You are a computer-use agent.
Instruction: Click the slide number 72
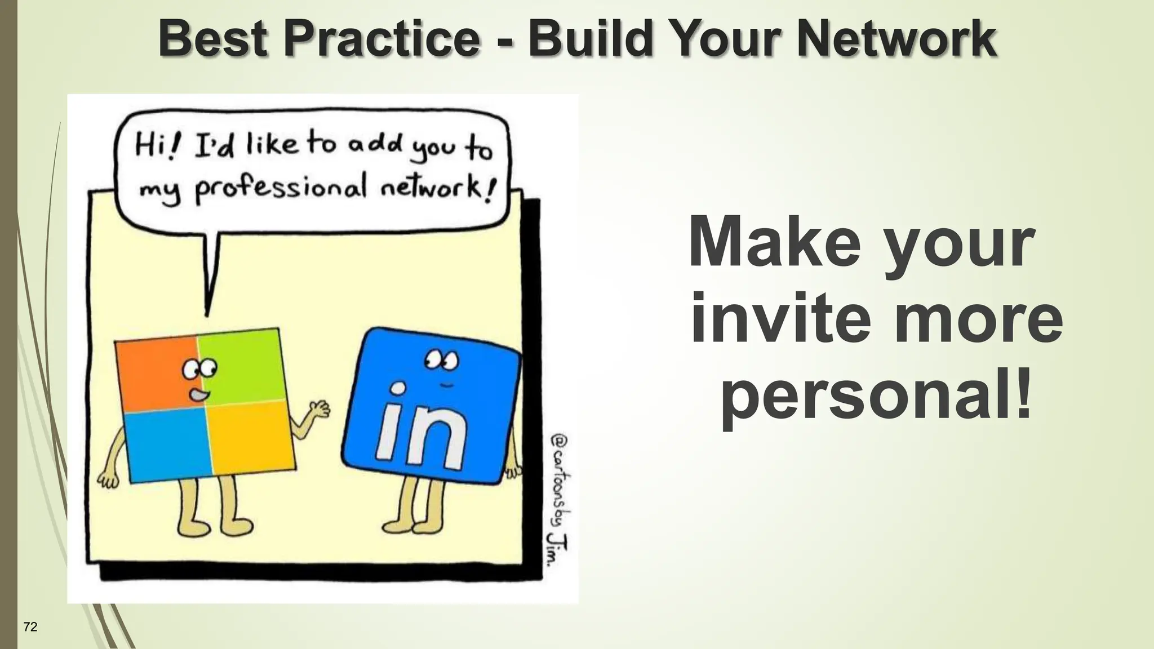(x=30, y=626)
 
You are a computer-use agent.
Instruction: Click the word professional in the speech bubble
(x=281, y=189)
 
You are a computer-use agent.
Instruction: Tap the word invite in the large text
(x=770, y=319)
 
